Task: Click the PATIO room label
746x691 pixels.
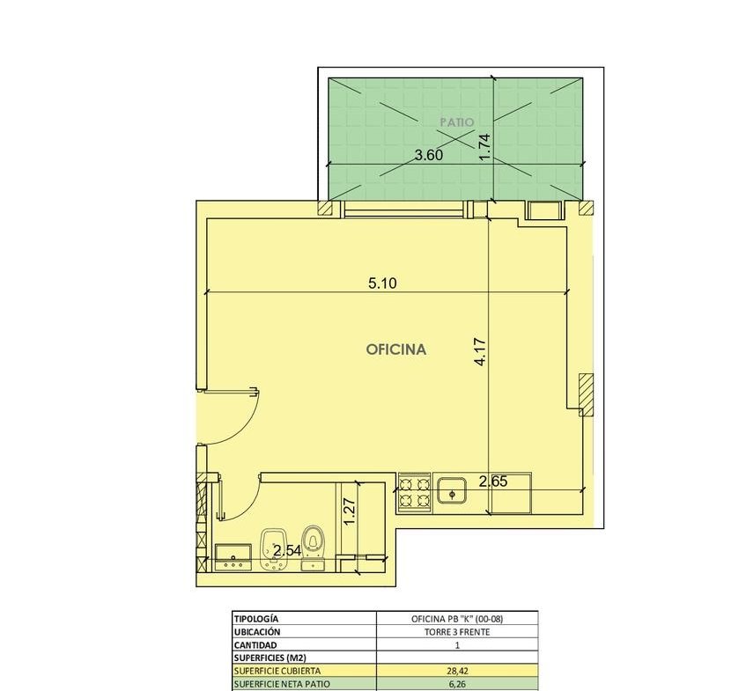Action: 457,122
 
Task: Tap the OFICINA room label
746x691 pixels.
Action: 395,349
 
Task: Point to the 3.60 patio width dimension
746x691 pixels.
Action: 429,155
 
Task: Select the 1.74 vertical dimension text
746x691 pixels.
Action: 484,147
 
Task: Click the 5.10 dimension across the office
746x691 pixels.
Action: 382,283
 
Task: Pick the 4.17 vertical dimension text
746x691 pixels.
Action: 480,351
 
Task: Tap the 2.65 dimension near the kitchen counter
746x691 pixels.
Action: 493,481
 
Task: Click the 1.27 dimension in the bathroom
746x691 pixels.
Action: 349,511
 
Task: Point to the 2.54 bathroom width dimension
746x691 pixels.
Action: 287,551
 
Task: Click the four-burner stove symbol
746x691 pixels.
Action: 414,493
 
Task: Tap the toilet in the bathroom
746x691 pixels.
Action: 313,547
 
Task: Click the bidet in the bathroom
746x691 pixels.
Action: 274,548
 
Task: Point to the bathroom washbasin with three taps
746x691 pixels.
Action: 233,557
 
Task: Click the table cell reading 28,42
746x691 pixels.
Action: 457,671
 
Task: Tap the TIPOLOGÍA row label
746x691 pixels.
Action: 256,619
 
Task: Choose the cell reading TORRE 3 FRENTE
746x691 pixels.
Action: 457,632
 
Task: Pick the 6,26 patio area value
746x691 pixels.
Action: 457,684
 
